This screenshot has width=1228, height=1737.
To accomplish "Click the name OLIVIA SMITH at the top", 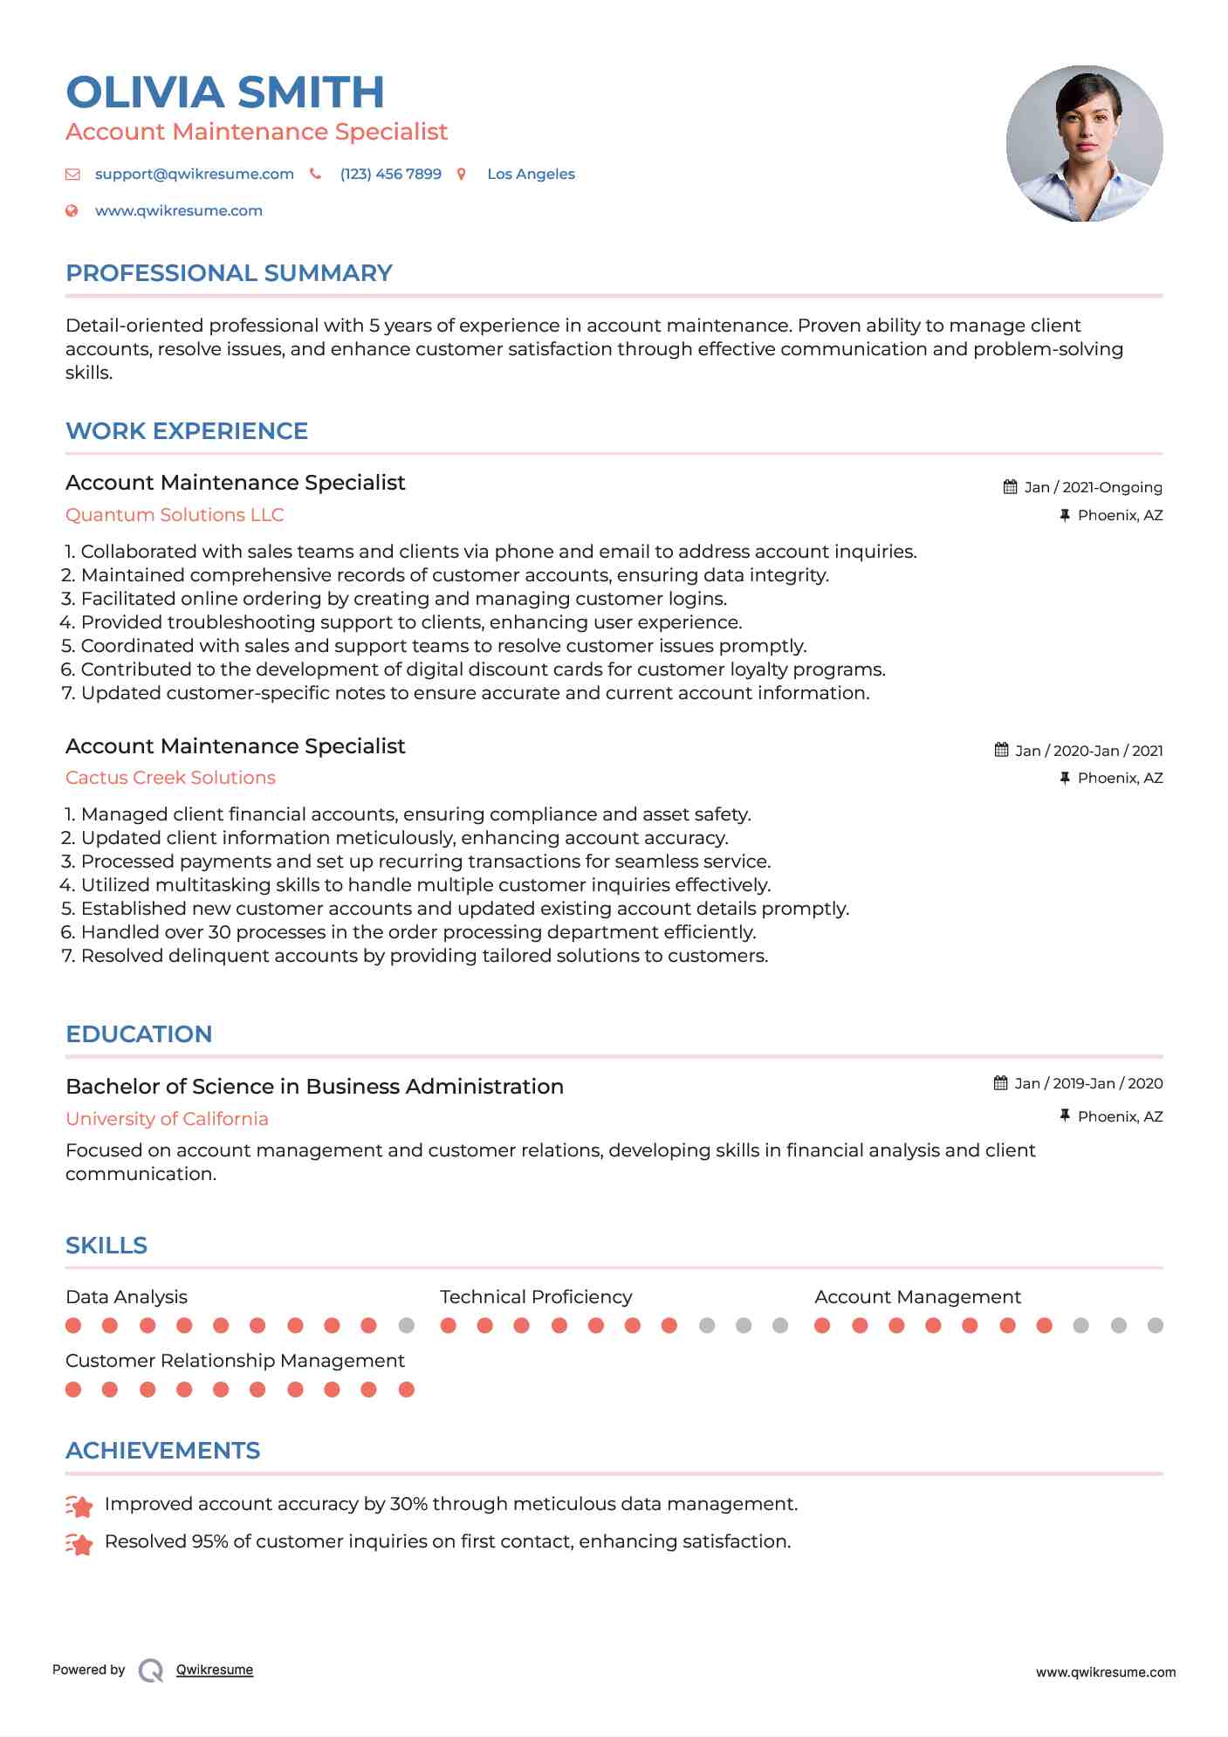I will pyautogui.click(x=224, y=93).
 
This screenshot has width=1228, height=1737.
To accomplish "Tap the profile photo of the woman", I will pyautogui.click(x=1084, y=143).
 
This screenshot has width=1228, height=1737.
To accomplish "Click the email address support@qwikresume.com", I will pyautogui.click(x=194, y=174).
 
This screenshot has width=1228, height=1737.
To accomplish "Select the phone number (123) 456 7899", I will pyautogui.click(x=390, y=174).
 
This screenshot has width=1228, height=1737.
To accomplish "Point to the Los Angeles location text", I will pyautogui.click(x=531, y=174).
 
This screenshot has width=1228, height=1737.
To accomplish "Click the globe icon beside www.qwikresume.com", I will pyautogui.click(x=72, y=210).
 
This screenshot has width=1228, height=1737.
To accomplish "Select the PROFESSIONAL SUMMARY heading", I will pyautogui.click(x=229, y=273).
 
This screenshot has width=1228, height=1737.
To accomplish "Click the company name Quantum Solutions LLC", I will pyautogui.click(x=175, y=515).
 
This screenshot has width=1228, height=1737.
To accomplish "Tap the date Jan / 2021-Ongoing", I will pyautogui.click(x=1093, y=487).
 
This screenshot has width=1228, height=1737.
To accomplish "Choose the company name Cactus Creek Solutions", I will pyautogui.click(x=170, y=778).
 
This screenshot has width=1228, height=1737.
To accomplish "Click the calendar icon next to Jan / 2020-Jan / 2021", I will pyautogui.click(x=1001, y=750).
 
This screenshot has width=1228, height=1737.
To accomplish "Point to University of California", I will pyautogui.click(x=167, y=1119).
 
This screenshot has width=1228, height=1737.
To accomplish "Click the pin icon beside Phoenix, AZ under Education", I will pyautogui.click(x=1064, y=1116).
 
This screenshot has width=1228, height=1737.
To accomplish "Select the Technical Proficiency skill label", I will pyautogui.click(x=536, y=1297).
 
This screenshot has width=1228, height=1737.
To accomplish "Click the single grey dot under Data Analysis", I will pyautogui.click(x=406, y=1326).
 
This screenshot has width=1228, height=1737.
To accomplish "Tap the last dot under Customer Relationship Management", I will pyautogui.click(x=406, y=1390).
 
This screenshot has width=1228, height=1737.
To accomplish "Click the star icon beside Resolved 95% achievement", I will pyautogui.click(x=79, y=1544).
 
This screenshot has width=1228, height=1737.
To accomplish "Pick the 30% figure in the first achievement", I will pyautogui.click(x=408, y=1504).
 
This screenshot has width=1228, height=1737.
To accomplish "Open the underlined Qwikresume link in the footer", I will pyautogui.click(x=215, y=1670).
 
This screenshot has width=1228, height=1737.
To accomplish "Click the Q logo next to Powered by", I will pyautogui.click(x=151, y=1671).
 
